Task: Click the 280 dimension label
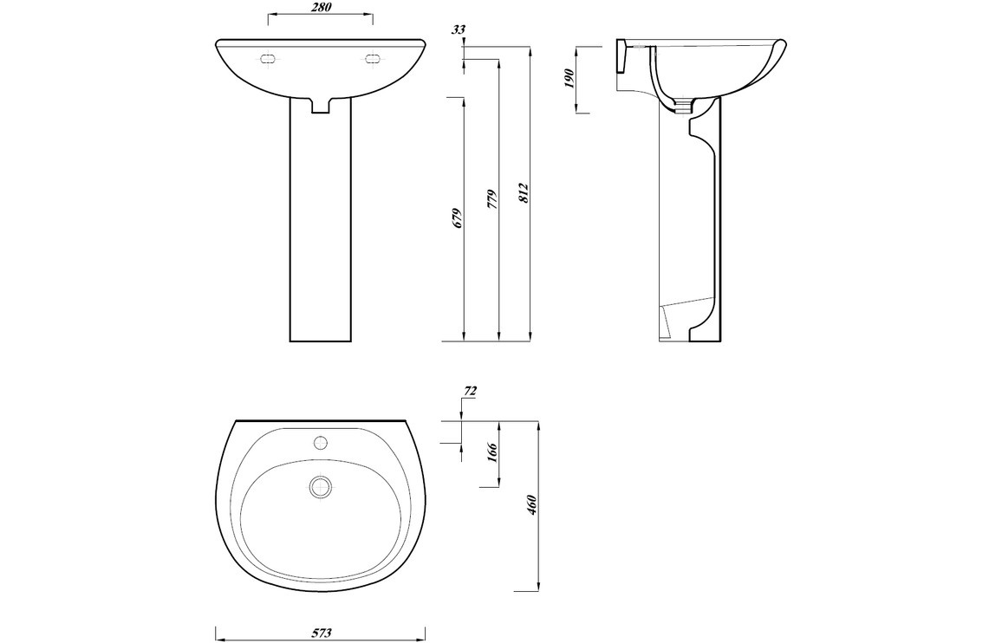pyautogui.click(x=320, y=7)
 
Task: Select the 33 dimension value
pyautogui.click(x=459, y=29)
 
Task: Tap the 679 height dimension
pyautogui.click(x=457, y=218)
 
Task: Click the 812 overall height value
pyautogui.click(x=524, y=193)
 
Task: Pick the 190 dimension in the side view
pyautogui.click(x=570, y=78)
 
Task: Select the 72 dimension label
pyautogui.click(x=470, y=391)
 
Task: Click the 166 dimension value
pyautogui.click(x=492, y=452)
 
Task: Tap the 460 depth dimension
pyautogui.click(x=532, y=505)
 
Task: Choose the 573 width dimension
pyautogui.click(x=322, y=633)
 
